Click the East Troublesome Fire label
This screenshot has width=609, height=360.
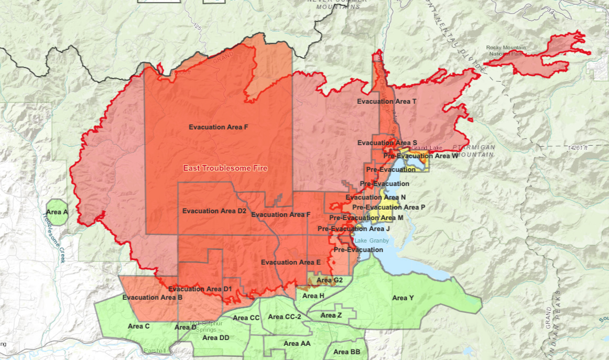(x=225, y=168)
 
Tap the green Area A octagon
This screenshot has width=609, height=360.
(x=57, y=212)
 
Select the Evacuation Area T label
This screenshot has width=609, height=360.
(x=387, y=101)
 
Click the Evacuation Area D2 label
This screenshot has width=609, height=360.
(x=214, y=211)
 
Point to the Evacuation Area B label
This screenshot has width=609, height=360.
(x=152, y=297)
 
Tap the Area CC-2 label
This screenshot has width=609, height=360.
(x=285, y=317)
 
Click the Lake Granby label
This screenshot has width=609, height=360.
(x=372, y=241)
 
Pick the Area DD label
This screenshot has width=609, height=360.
(x=215, y=337)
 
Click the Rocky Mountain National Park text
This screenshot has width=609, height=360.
(x=506, y=50)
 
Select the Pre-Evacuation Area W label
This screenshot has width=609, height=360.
(x=420, y=156)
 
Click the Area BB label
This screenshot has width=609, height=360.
(x=346, y=352)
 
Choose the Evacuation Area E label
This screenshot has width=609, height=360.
(x=290, y=262)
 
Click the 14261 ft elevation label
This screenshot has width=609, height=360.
(x=577, y=148)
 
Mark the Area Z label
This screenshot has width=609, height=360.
(x=331, y=315)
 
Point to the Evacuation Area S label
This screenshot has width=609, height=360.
(x=387, y=143)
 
